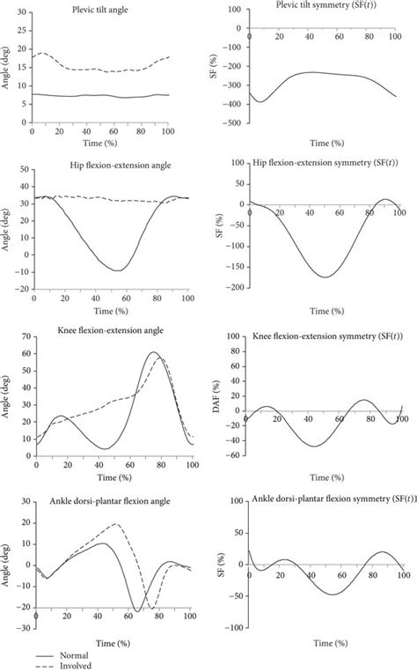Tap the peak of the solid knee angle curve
(154, 353)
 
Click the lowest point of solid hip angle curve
(116, 270)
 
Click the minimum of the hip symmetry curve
(326, 277)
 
